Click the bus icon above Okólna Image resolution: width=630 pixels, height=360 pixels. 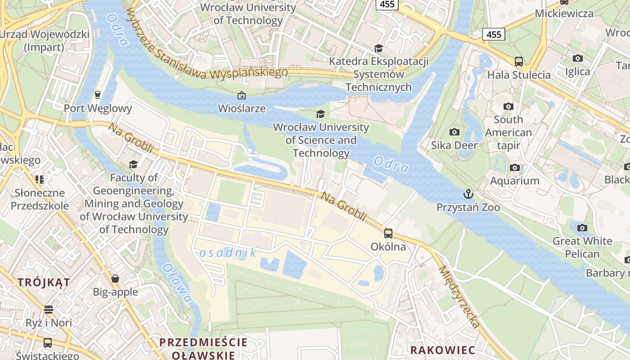(388, 233)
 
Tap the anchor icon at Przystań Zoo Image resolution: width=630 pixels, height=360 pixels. (468, 194)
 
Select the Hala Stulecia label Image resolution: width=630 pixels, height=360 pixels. (519, 75)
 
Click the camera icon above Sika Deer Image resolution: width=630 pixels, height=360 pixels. (454, 132)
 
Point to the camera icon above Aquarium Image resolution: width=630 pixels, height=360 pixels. (515, 167)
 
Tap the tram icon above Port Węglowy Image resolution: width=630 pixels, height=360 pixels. (98, 94)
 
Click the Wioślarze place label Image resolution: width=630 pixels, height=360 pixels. (241, 108)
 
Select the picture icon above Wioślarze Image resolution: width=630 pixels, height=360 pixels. (241, 95)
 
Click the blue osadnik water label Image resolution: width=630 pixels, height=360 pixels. (228, 253)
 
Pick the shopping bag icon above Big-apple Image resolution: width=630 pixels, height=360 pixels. (115, 279)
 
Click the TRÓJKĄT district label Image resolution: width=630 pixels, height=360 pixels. (44, 283)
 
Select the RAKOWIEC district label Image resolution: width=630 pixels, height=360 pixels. (442, 350)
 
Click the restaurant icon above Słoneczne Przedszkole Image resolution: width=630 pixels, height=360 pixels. (40, 180)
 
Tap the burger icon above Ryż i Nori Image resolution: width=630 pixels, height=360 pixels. (49, 310)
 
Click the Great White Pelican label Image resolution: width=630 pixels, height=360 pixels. (582, 247)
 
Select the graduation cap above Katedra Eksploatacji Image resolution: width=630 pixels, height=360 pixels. (378, 48)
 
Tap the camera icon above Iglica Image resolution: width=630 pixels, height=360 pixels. (578, 58)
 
